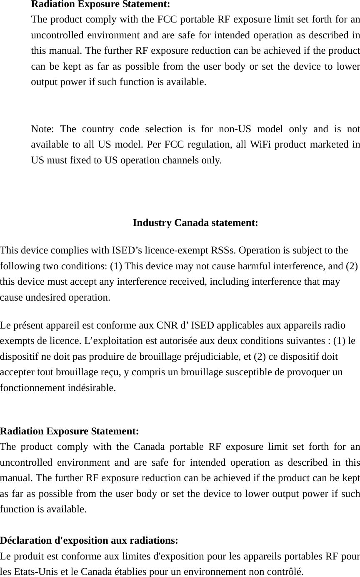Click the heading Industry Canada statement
click(x=195, y=223)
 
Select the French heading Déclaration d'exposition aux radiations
click(x=90, y=541)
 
